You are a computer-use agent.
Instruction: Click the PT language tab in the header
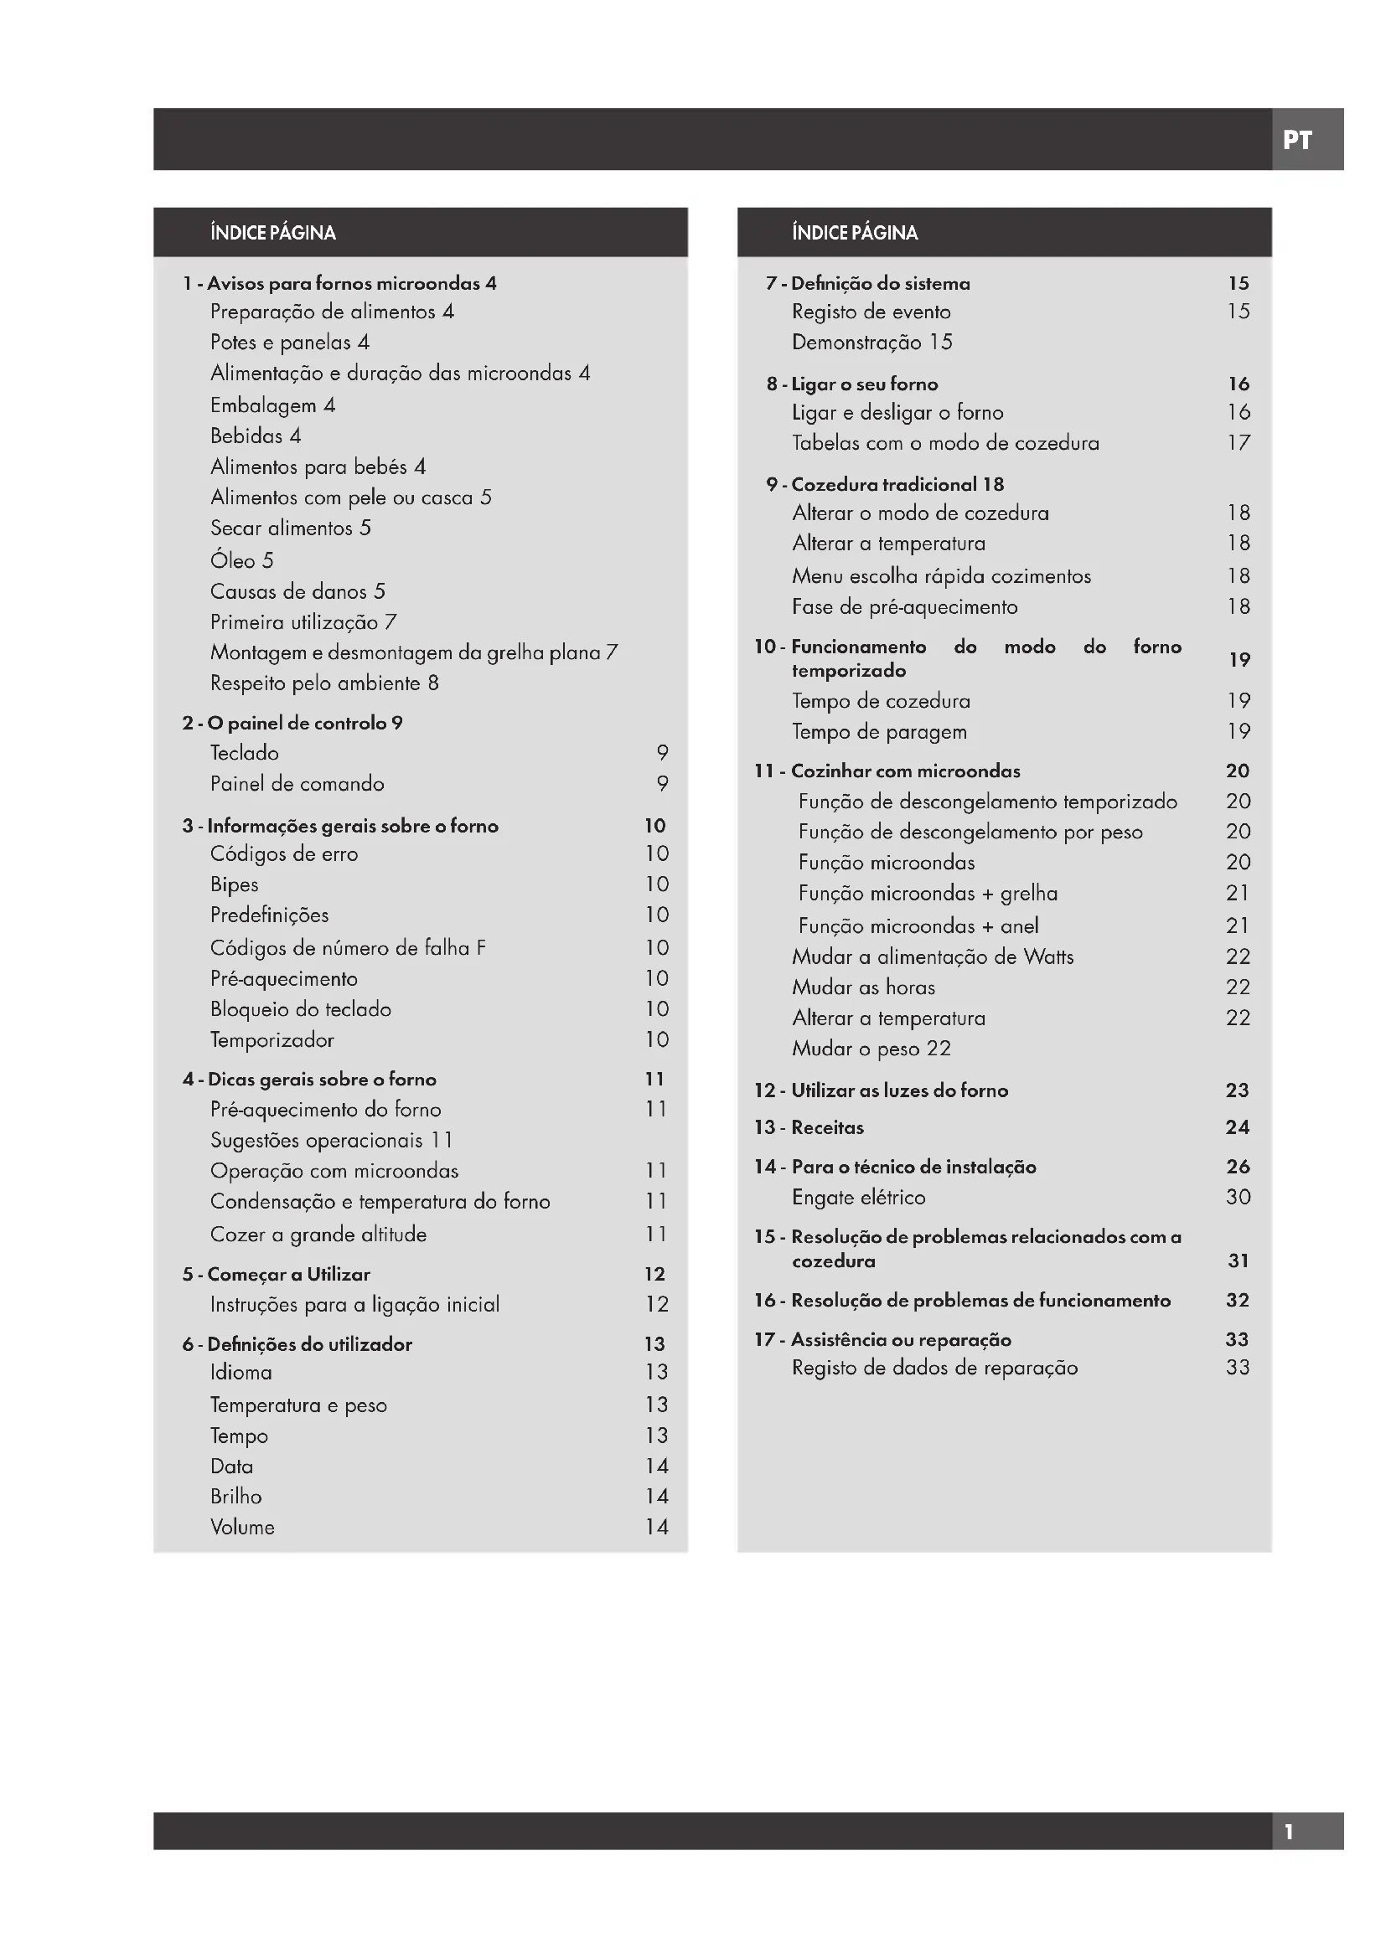pyautogui.click(x=1297, y=140)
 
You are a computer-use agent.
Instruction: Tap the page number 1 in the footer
pyautogui.click(x=1289, y=1831)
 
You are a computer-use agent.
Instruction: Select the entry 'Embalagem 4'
pyautogui.click(x=272, y=405)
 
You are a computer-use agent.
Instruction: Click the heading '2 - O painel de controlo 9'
pyautogui.click(x=292, y=723)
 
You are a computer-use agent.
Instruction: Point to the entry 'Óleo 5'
pyautogui.click(x=241, y=560)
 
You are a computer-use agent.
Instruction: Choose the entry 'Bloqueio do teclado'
pyautogui.click(x=301, y=1008)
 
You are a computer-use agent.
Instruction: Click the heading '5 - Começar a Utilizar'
pyautogui.click(x=277, y=1274)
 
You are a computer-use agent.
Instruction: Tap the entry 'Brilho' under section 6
pyautogui.click(x=235, y=1496)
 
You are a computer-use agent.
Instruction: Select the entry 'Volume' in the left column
pyautogui.click(x=242, y=1527)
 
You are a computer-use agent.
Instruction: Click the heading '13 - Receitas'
pyautogui.click(x=808, y=1127)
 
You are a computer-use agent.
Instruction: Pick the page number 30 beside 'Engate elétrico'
pyautogui.click(x=1238, y=1196)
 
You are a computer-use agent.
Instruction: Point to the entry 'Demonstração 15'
pyautogui.click(x=871, y=343)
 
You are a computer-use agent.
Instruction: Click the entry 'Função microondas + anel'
pyautogui.click(x=918, y=925)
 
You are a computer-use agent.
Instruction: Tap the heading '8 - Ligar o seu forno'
pyautogui.click(x=851, y=384)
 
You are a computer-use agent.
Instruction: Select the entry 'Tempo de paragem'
pyautogui.click(x=879, y=731)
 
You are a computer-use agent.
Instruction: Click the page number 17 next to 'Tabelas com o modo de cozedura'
pyautogui.click(x=1239, y=443)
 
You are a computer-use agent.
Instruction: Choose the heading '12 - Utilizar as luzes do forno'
pyautogui.click(x=881, y=1090)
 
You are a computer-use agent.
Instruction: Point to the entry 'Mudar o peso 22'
pyautogui.click(x=871, y=1048)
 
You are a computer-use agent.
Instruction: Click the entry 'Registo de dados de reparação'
pyautogui.click(x=934, y=1368)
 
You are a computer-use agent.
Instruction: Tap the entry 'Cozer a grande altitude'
pyautogui.click(x=318, y=1234)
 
